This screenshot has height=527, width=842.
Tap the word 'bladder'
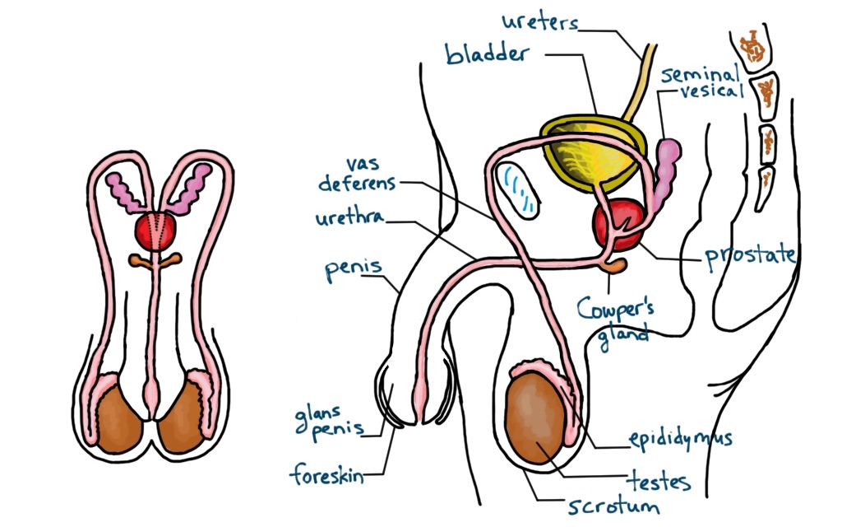click(x=486, y=54)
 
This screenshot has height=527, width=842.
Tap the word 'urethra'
click(x=353, y=220)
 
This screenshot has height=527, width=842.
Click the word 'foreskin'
click(x=326, y=475)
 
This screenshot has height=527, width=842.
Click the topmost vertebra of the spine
click(x=752, y=50)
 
